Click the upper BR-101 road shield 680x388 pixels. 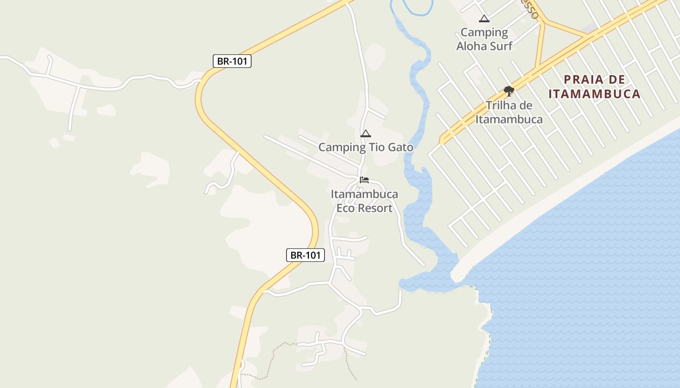232,61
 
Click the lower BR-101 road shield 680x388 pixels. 305,255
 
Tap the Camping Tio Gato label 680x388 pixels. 366,147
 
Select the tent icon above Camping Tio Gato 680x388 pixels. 366,133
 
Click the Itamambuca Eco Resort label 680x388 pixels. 364,201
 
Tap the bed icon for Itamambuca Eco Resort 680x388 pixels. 364,180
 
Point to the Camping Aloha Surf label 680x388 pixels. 484,39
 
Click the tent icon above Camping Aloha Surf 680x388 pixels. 484,19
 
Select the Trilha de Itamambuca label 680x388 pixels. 509,112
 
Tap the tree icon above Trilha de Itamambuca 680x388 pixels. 509,91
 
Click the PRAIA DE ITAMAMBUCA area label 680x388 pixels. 595,86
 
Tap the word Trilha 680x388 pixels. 500,105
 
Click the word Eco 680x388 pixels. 345,208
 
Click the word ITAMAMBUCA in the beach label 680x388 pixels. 595,94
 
